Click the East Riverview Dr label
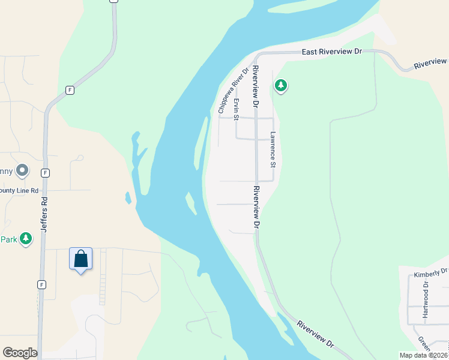coord(331,52)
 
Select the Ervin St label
coord(237,109)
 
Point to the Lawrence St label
coord(273,149)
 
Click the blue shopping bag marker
coord(81,260)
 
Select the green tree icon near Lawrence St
coord(280,86)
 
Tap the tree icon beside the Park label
coord(25,239)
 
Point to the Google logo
coord(20,353)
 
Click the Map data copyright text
coord(424,355)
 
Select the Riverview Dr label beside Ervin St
coord(255,86)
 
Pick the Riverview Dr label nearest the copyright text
coord(315,334)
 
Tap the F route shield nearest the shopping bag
coord(41,284)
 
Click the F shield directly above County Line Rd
coord(45,172)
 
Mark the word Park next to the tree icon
coord(8,239)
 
